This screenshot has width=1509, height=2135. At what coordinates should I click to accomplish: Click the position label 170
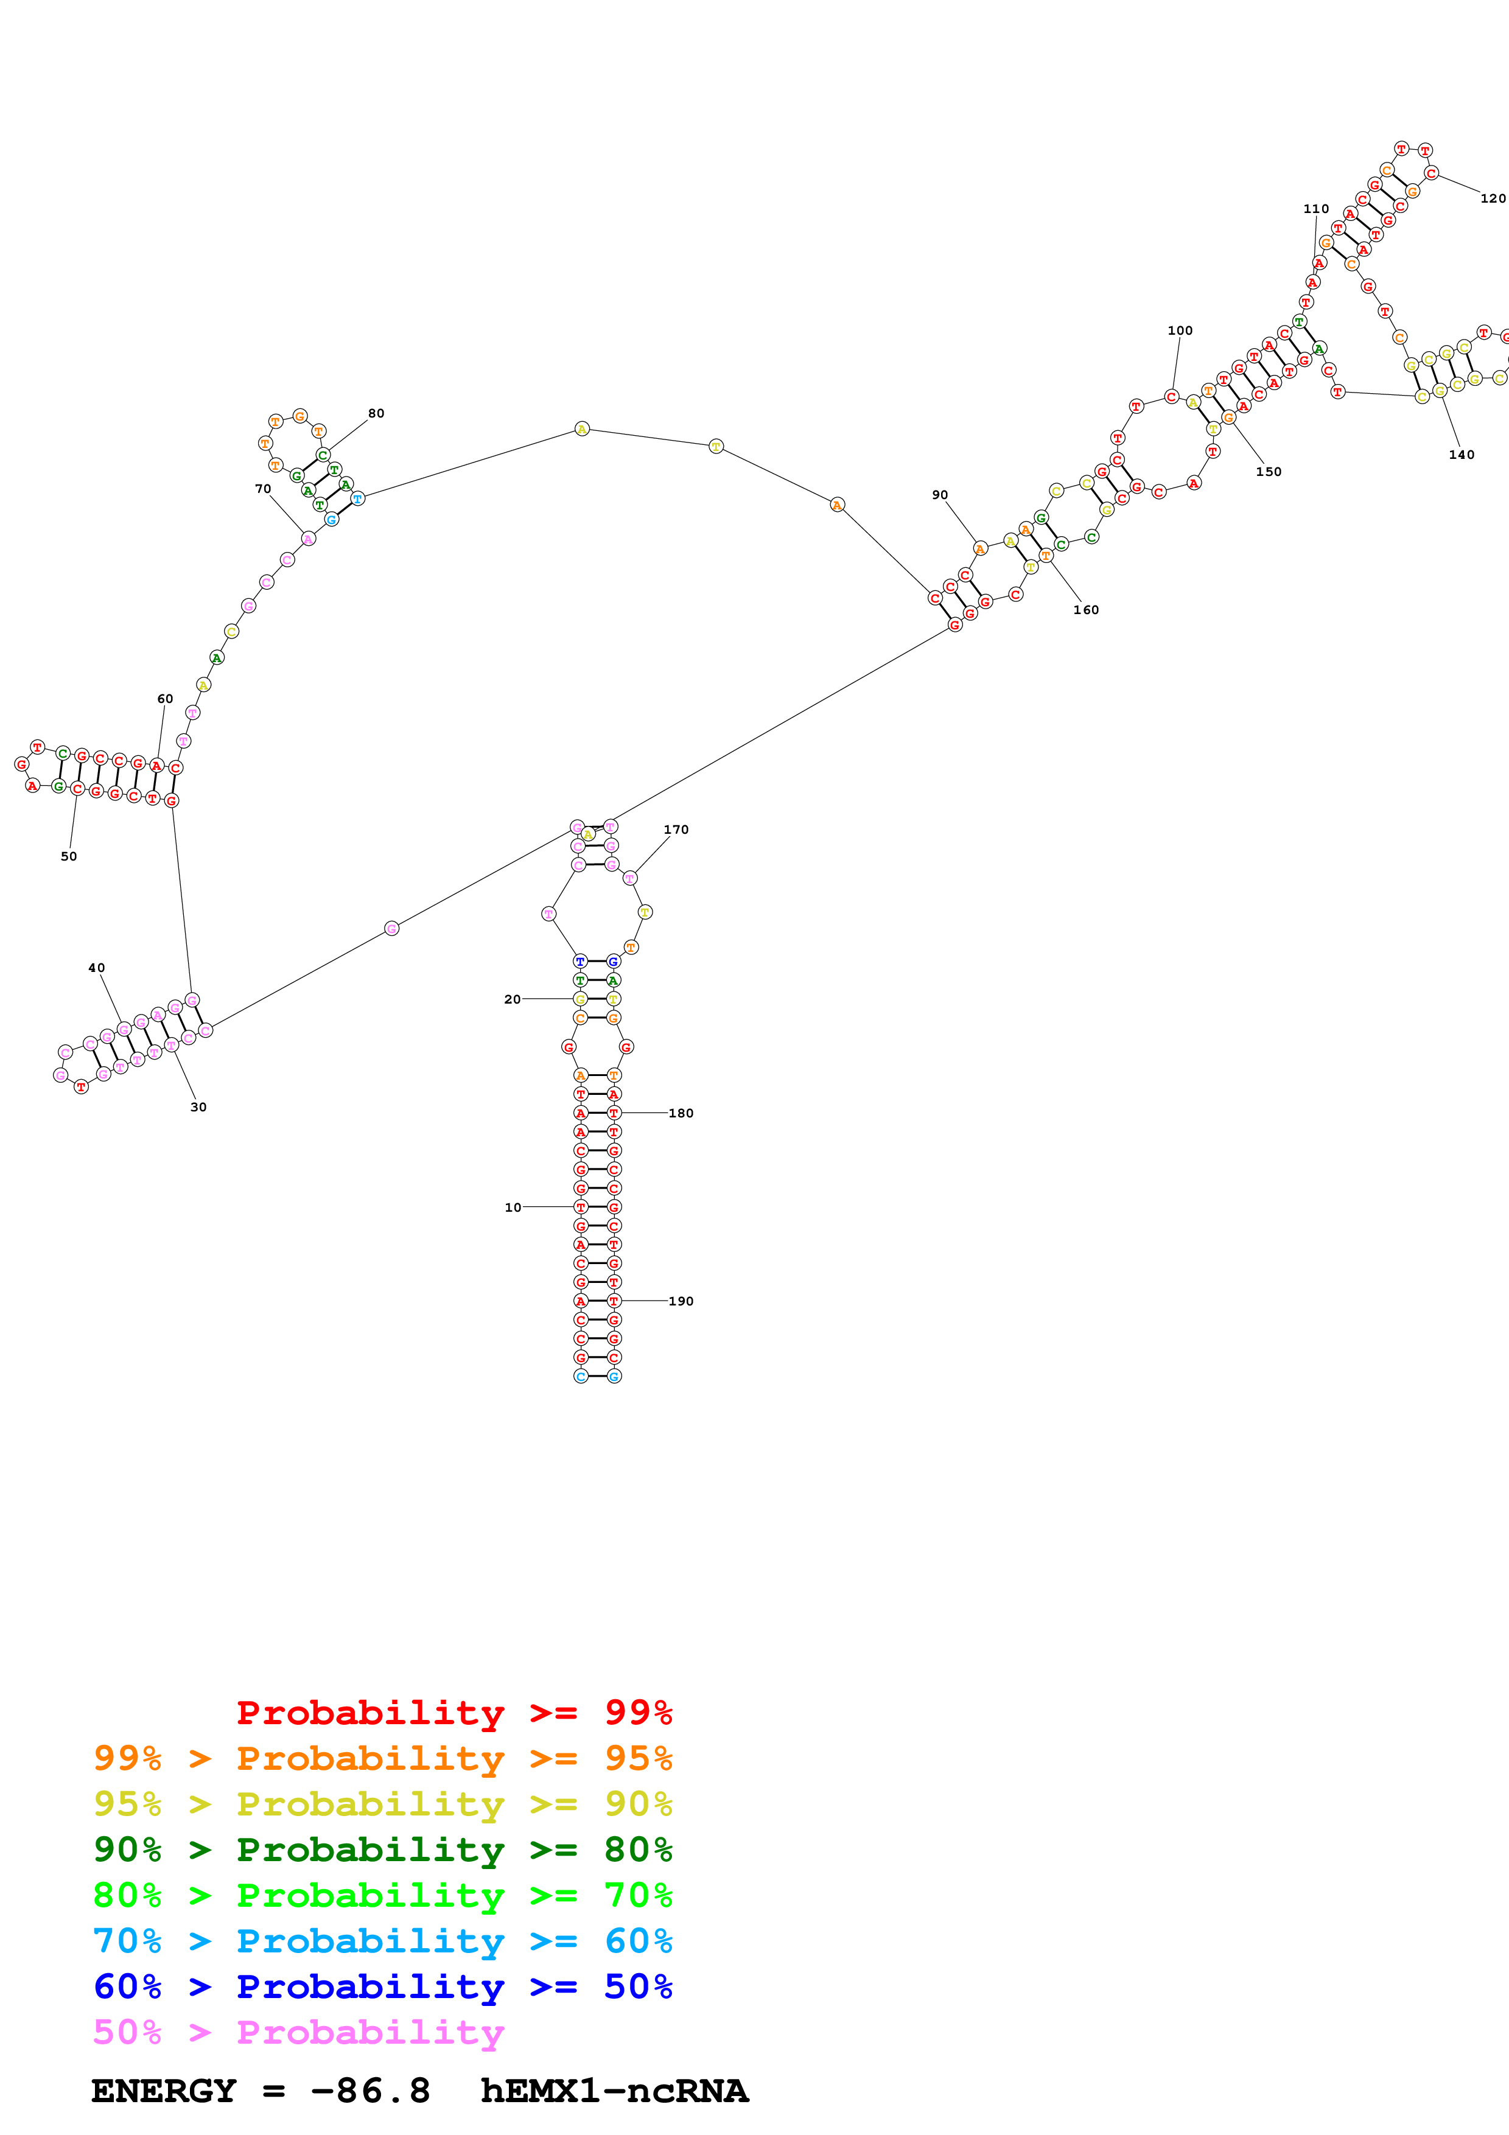676,830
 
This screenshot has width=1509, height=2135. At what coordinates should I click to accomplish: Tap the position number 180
681,1113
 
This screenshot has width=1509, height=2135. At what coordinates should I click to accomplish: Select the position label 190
681,1301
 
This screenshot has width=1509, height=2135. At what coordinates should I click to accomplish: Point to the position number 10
513,1207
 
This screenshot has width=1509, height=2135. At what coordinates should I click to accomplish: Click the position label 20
513,999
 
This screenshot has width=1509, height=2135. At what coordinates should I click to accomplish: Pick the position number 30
198,1106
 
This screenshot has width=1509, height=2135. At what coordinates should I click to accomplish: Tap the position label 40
97,967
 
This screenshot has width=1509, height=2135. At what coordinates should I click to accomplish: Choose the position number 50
69,856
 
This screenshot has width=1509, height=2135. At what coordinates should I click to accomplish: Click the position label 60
164,698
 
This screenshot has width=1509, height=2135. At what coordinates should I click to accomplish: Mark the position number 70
263,488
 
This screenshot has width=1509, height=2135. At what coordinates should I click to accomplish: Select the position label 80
376,413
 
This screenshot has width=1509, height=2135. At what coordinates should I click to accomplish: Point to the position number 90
940,495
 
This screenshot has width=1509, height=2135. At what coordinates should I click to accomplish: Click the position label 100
1180,330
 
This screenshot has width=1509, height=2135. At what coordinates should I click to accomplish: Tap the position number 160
1086,609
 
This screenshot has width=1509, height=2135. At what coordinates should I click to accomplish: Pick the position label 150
1268,472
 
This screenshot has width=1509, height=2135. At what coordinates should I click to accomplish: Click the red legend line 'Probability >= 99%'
453,1713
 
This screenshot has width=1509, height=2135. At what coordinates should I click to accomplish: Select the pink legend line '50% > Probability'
298,2033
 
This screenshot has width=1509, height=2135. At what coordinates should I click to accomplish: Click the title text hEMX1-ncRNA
614,2091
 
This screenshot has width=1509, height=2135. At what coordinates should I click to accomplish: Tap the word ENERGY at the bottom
164,2091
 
